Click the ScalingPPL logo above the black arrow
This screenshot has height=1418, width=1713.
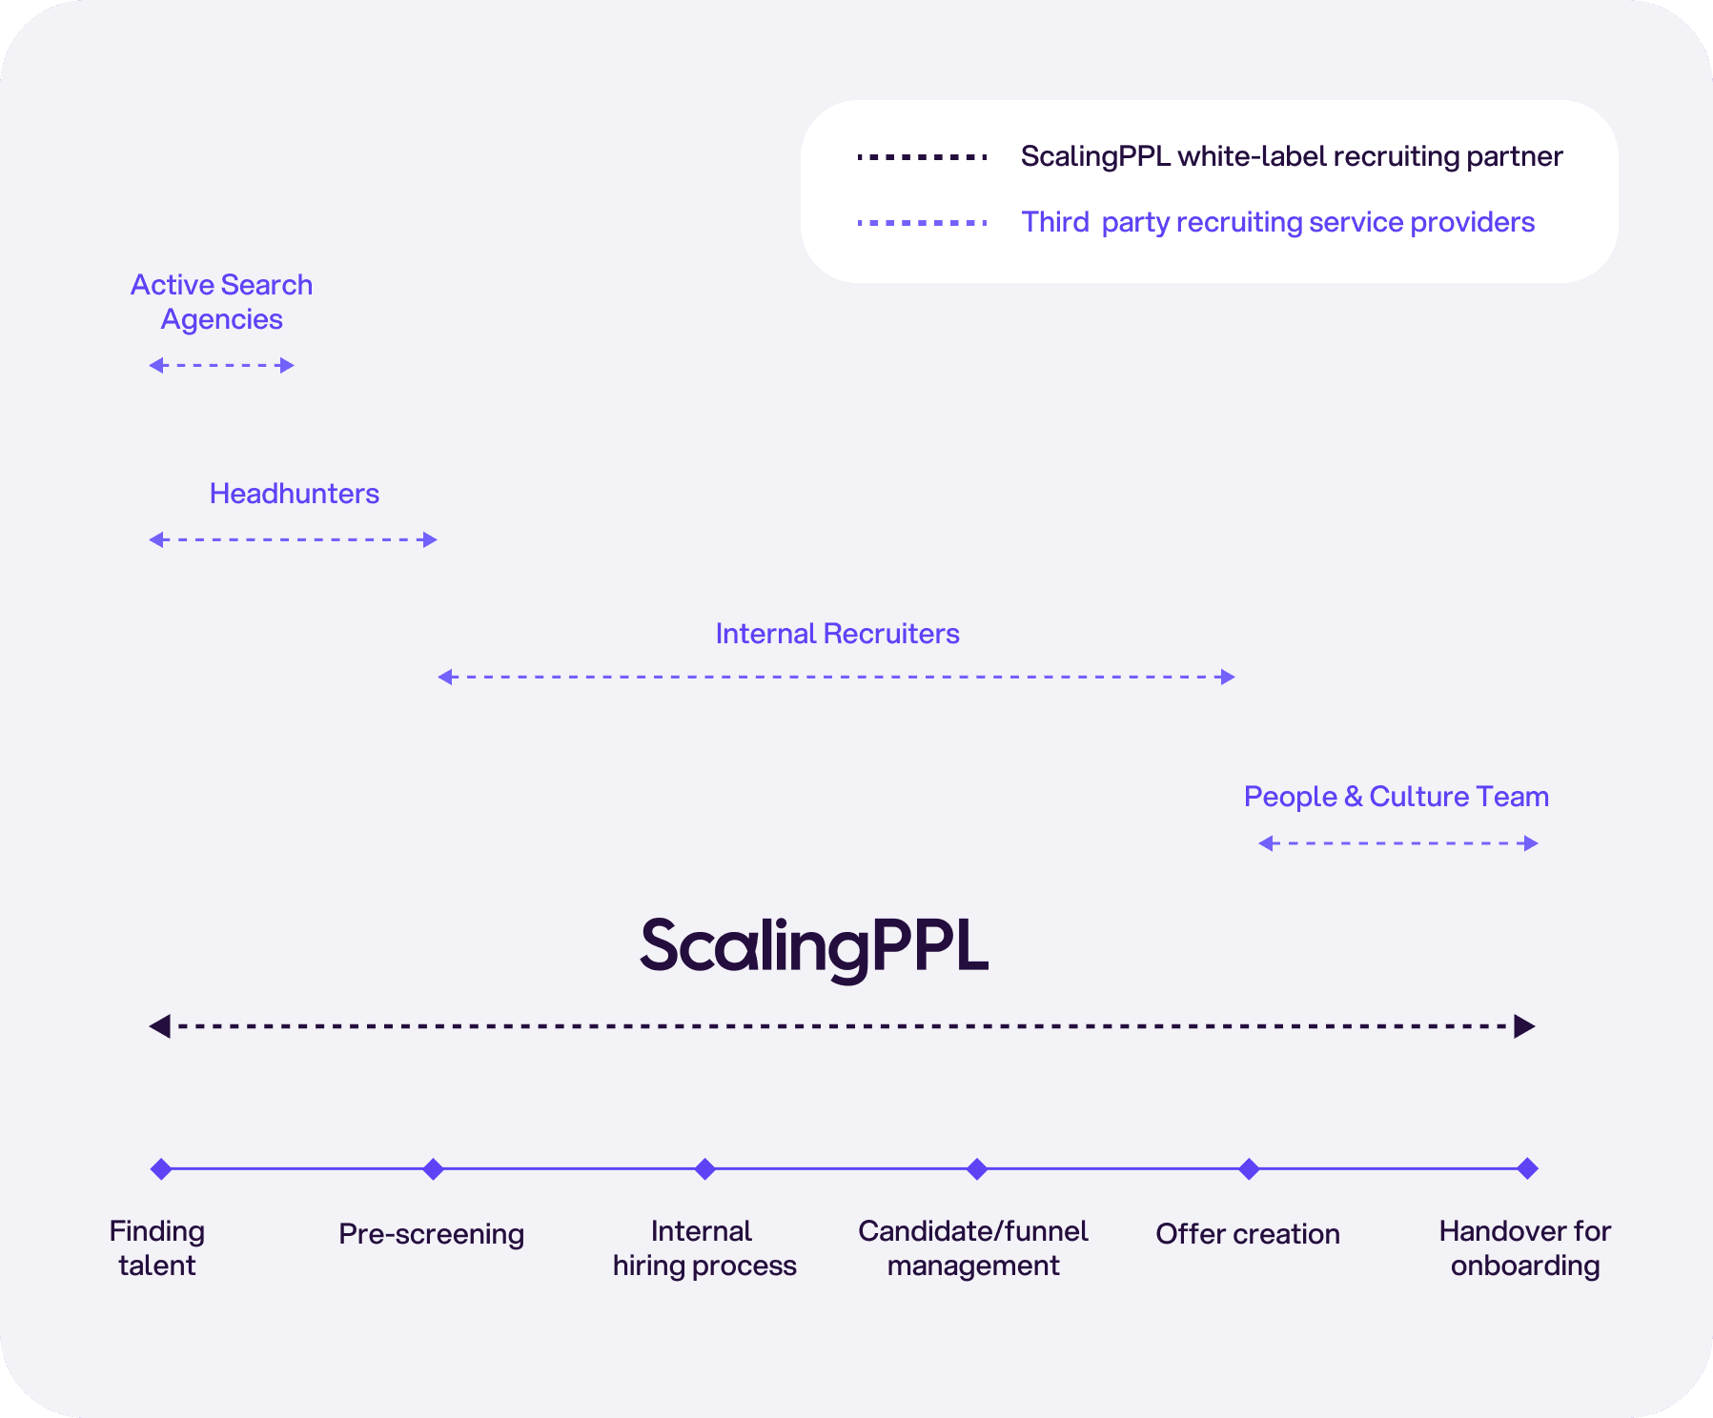tap(814, 946)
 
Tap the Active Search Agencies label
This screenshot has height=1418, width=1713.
tap(221, 301)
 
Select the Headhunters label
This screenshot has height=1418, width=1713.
tap(294, 494)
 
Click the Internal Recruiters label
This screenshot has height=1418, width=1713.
tap(837, 634)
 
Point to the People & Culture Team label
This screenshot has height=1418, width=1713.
tap(1396, 797)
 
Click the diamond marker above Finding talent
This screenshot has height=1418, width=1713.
tap(161, 1168)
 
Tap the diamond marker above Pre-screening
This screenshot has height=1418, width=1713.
tap(433, 1168)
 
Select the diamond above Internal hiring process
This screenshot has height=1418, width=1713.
tap(704, 1168)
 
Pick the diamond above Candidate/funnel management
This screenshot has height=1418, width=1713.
tap(976, 1168)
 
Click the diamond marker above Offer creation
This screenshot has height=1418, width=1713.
tap(1249, 1168)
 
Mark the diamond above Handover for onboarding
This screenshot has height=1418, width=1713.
tap(1527, 1168)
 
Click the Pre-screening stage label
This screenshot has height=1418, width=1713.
tap(431, 1234)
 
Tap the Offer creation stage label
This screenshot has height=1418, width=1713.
tap(1247, 1234)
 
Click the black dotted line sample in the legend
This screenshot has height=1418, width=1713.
tap(922, 157)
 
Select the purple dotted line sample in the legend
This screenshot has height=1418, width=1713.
tap(922, 223)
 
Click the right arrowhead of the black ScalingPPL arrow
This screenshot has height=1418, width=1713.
tap(1524, 1026)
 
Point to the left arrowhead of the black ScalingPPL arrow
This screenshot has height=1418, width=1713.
tap(160, 1026)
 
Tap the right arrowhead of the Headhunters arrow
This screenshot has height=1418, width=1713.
tap(430, 539)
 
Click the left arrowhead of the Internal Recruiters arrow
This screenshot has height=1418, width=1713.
tap(445, 677)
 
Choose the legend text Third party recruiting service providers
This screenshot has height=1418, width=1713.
tap(1277, 223)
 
